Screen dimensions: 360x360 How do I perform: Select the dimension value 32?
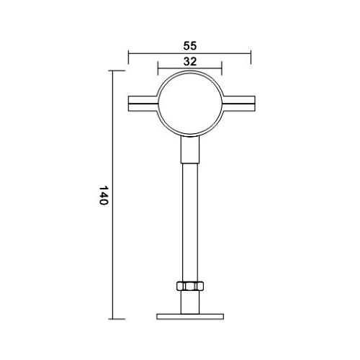189,62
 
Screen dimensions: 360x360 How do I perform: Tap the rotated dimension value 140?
102,196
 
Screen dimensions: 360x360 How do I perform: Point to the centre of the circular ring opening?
189,104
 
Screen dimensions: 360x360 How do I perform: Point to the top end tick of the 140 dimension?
114,71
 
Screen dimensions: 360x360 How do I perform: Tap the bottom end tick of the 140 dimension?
114,318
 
